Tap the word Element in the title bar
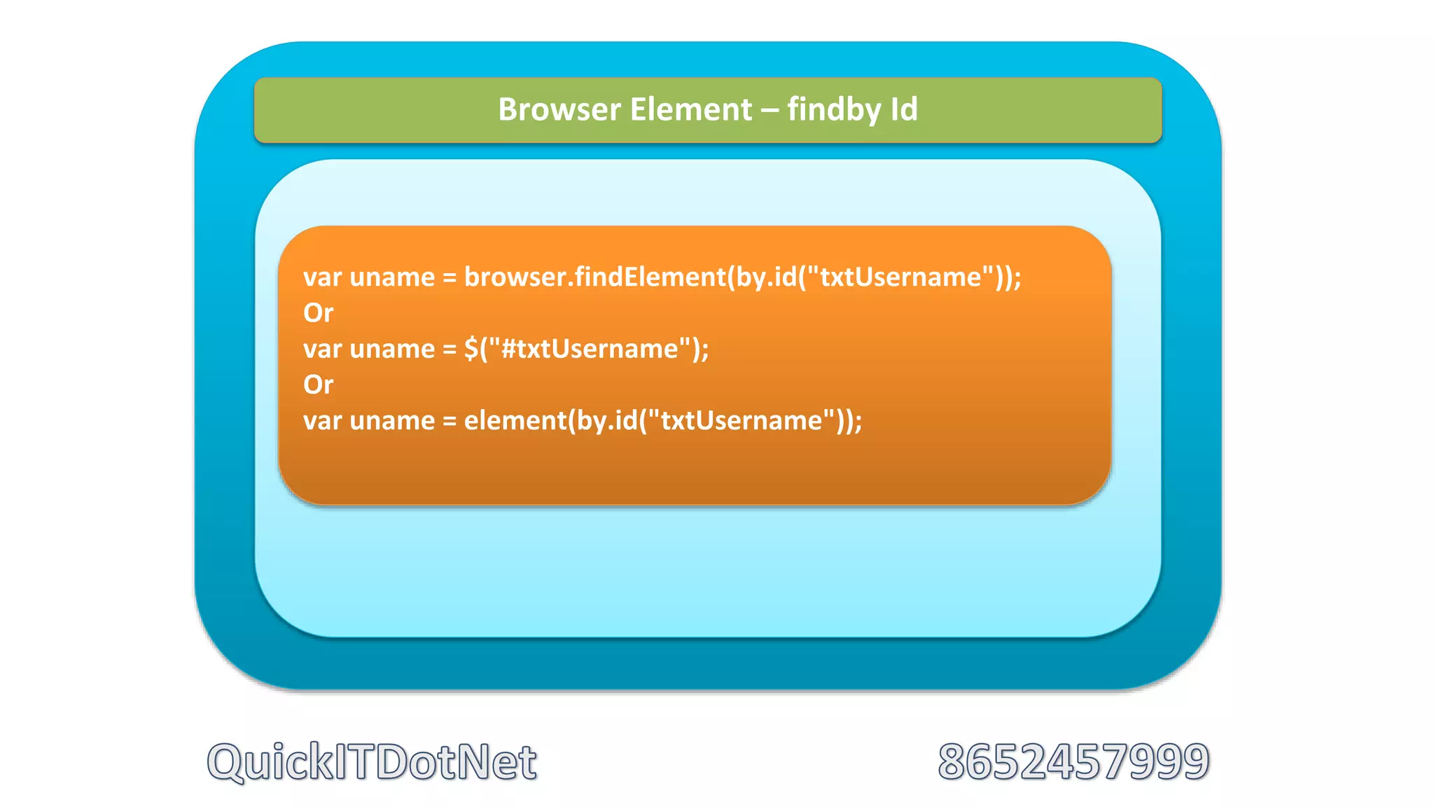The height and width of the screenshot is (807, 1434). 690,110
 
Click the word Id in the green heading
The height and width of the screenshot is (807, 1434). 903,110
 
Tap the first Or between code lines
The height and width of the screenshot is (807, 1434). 319,313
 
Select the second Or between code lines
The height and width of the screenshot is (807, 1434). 319,385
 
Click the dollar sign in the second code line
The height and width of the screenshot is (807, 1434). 471,349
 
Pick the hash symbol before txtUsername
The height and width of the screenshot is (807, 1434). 509,349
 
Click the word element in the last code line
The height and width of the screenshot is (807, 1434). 515,420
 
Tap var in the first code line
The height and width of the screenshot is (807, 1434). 322,277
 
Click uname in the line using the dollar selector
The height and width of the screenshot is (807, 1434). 392,349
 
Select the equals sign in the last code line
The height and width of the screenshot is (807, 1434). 450,421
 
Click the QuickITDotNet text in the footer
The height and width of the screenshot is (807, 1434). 372,762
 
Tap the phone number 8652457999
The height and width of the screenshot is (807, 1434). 1073,762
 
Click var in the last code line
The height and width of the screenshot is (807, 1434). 322,421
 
